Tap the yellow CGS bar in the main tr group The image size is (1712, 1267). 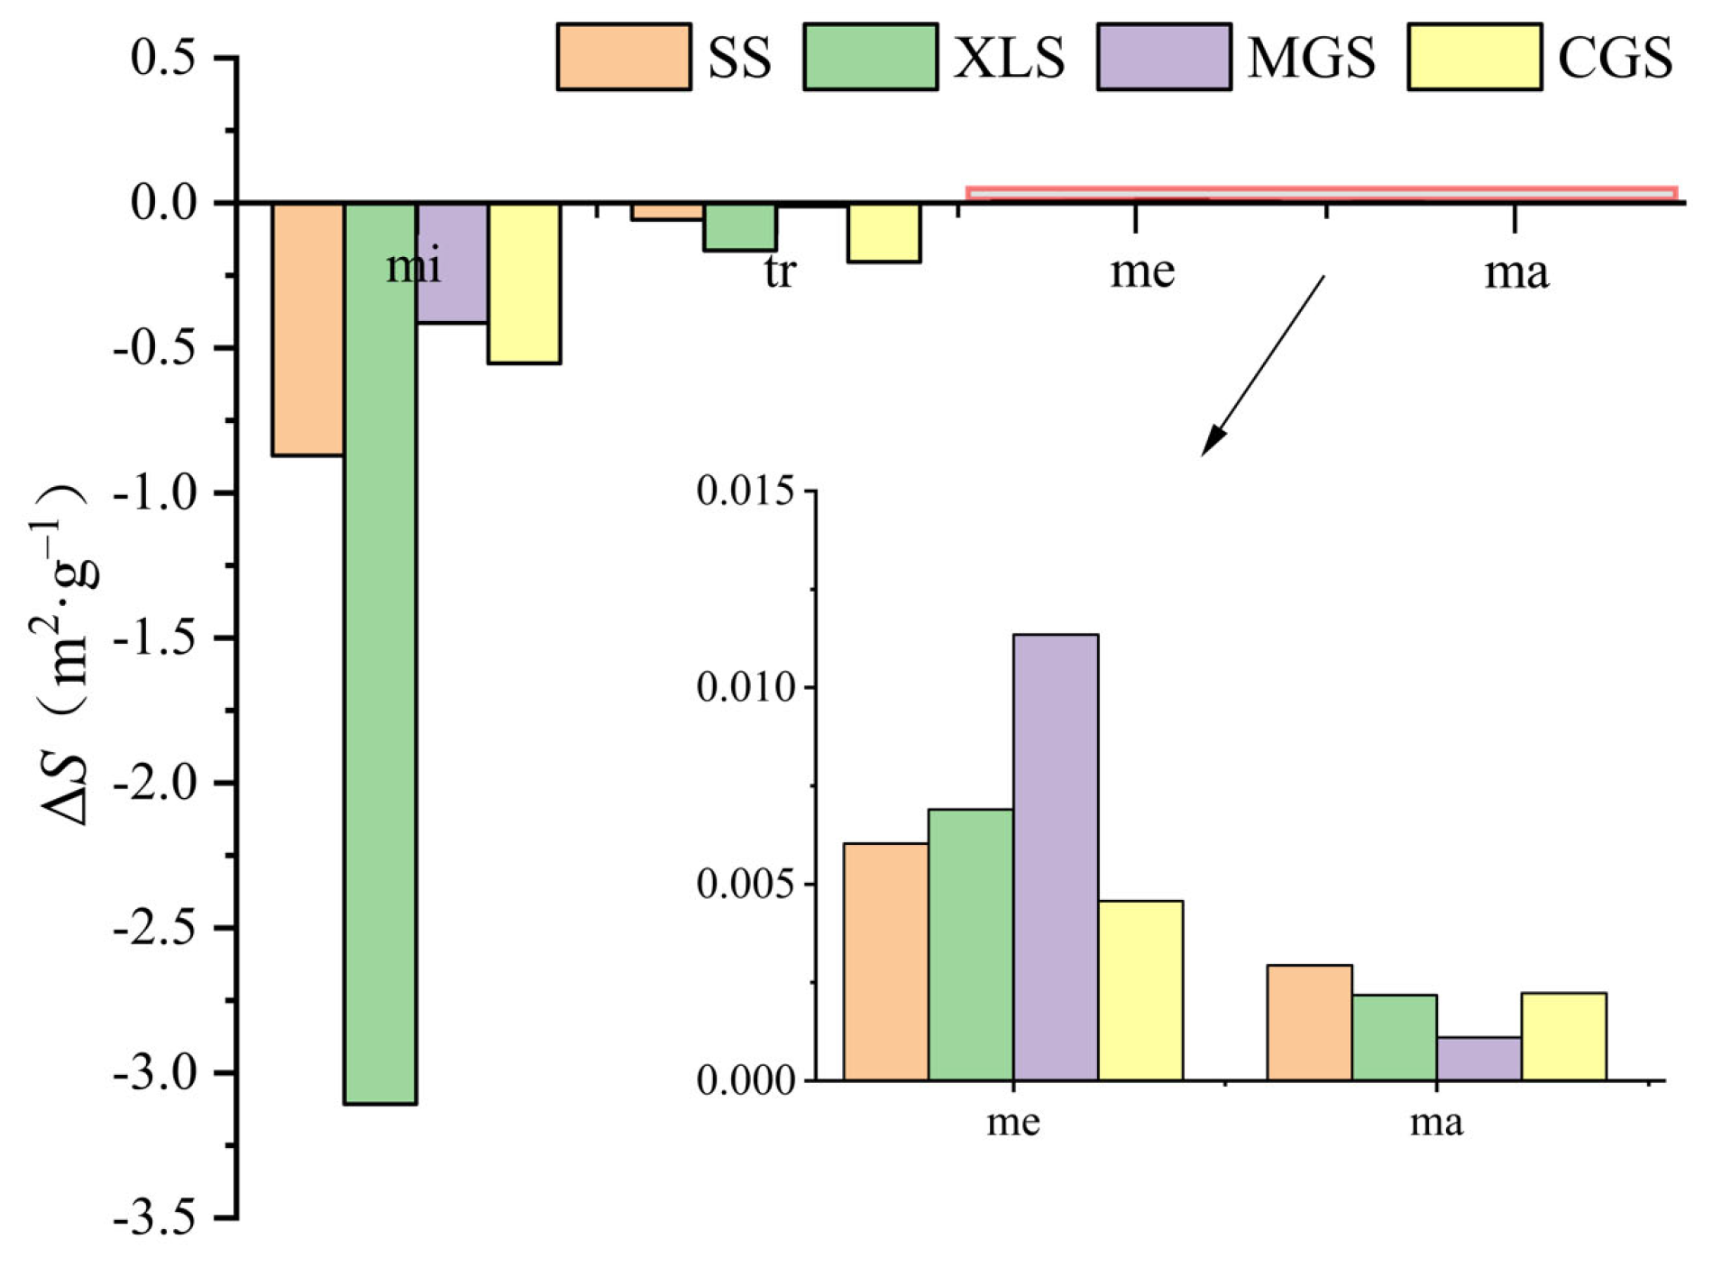tap(883, 233)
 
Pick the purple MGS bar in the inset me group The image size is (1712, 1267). tap(1055, 857)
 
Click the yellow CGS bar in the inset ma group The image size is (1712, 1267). tap(1563, 1036)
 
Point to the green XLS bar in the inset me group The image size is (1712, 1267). tap(970, 944)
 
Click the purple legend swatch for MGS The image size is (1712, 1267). tap(1164, 57)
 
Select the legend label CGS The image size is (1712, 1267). tap(1615, 58)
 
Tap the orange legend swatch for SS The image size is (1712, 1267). tap(624, 57)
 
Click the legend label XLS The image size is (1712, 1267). tap(1009, 58)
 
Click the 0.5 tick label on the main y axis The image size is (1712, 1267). tap(163, 58)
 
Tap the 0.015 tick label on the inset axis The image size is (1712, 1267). tap(747, 491)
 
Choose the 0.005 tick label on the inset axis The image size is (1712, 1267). tap(747, 884)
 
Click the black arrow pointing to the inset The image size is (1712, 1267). tap(1262, 365)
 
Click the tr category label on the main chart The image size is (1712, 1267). tap(780, 271)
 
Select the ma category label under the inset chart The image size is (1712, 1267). tap(1436, 1123)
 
